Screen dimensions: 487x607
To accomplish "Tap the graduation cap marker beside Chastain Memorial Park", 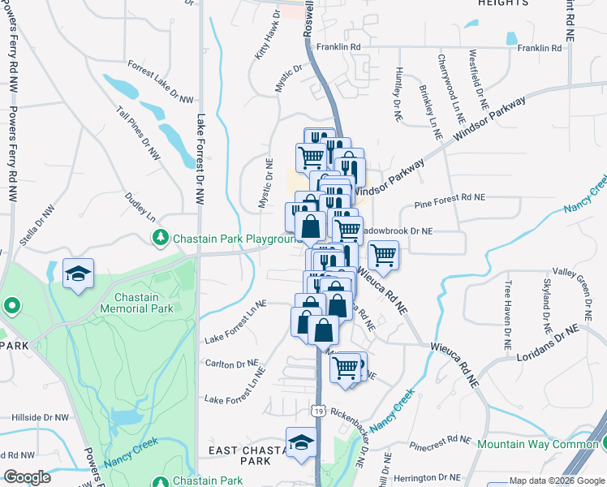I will click(78, 274).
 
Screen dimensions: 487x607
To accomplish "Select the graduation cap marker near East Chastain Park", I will click(301, 443).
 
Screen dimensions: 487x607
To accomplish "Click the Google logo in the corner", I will click(27, 477).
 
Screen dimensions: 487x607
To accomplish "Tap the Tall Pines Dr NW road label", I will click(139, 134).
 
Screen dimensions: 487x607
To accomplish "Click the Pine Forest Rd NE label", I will click(449, 196).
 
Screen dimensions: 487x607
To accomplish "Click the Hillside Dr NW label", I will click(40, 416).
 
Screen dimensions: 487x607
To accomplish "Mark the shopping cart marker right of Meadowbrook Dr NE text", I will click(383, 256).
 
